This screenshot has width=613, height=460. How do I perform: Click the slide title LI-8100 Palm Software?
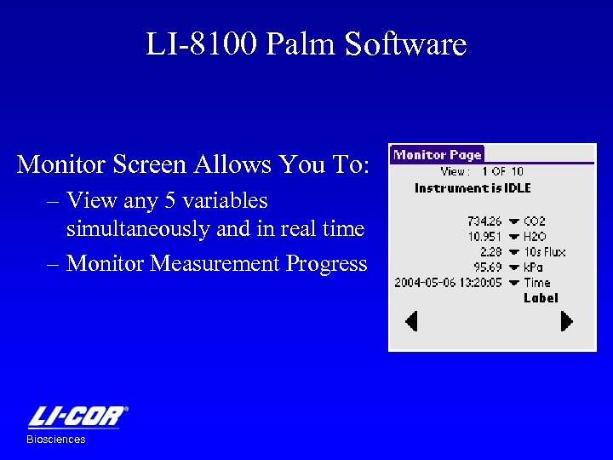pos(306,44)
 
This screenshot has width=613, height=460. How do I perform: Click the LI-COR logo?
pos(77,417)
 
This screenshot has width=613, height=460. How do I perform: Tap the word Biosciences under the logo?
pos(56,440)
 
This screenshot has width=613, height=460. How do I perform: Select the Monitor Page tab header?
pos(437,155)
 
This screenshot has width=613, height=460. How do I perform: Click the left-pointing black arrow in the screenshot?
pos(411,321)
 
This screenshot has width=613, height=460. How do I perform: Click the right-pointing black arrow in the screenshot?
pos(566,321)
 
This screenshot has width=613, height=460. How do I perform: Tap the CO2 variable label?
pos(535,221)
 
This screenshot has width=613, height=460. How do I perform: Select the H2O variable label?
pos(535,237)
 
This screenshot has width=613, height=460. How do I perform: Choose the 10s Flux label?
pos(544,252)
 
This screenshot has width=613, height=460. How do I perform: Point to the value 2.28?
pos(490,252)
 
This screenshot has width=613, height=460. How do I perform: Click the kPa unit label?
pos(534,267)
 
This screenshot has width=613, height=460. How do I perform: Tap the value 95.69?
pos(487,267)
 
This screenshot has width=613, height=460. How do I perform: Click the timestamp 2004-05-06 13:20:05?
pos(448,283)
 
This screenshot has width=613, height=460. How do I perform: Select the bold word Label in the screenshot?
pos(541,298)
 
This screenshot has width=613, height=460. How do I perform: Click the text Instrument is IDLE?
pos(473,188)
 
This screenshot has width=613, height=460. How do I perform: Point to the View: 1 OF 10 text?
pos(482,172)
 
